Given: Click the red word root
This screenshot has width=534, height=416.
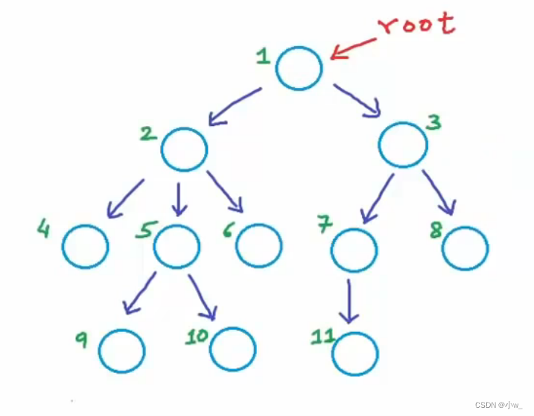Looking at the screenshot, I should coord(416,24).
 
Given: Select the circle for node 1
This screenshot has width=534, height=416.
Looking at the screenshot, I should coord(299,68).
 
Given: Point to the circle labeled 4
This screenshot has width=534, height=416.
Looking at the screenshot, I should coord(85,245).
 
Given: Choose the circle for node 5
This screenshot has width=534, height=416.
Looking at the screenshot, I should coord(177,245).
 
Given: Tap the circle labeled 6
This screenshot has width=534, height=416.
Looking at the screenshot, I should coord(259,245).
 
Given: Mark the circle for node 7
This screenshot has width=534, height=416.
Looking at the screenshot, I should coord(354,250).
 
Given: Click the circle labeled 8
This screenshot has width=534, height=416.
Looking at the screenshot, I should coord(465,247).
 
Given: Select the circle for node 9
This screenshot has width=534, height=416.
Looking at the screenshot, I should coord(121,350).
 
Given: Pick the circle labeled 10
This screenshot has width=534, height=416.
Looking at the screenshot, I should coord(232,347).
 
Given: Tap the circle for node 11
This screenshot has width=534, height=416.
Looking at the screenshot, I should coord(355,353).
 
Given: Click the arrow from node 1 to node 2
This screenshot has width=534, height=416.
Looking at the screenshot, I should coord(234,106).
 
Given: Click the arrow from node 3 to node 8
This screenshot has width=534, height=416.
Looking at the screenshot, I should coord(440,192).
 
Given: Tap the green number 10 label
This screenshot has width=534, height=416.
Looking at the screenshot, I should coord(197,336).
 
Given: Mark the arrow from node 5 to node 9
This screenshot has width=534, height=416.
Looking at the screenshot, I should coord(139,293).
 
